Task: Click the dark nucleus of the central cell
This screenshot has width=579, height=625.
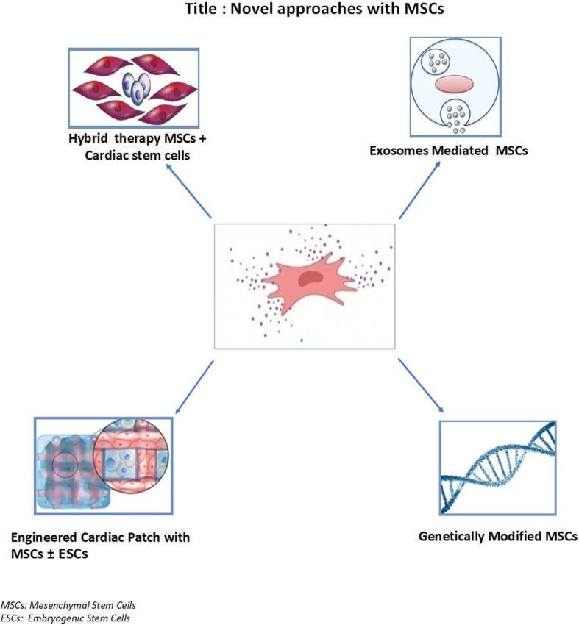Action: (316, 277)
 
